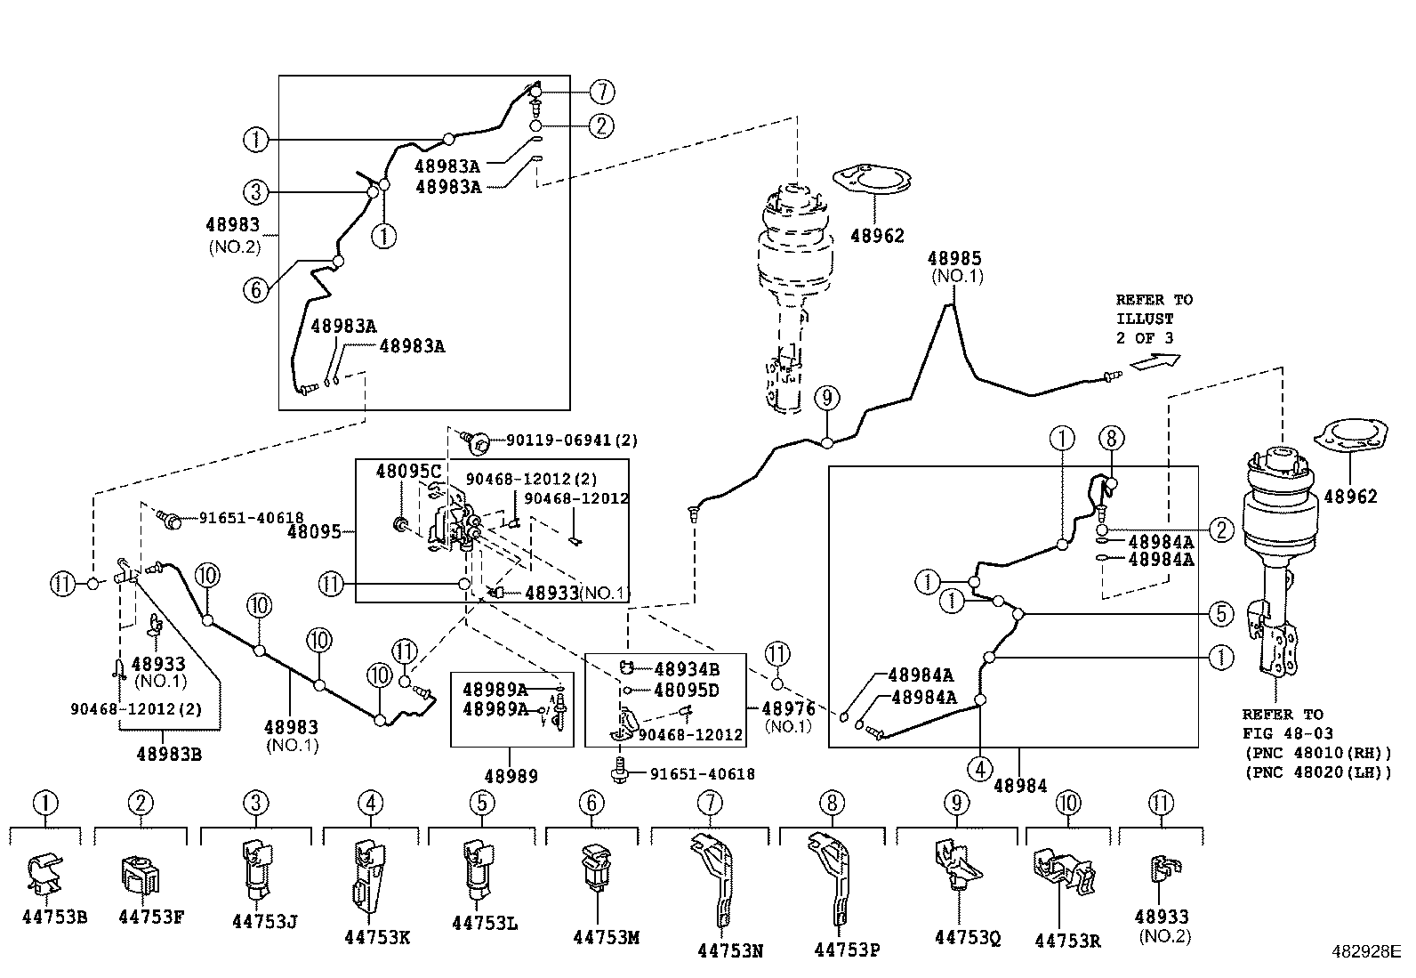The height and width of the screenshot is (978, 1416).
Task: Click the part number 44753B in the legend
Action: pyautogui.click(x=54, y=917)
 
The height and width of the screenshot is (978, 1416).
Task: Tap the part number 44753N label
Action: pyautogui.click(x=730, y=950)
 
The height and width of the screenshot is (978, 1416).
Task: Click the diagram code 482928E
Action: pyautogui.click(x=1365, y=951)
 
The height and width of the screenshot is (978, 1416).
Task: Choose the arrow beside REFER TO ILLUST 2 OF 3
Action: pyautogui.click(x=1155, y=360)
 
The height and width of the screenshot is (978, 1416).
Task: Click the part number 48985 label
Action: pyautogui.click(x=954, y=259)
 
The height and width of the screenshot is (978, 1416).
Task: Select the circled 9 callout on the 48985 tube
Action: pyautogui.click(x=827, y=398)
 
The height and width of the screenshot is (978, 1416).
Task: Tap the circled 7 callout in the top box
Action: pyautogui.click(x=602, y=92)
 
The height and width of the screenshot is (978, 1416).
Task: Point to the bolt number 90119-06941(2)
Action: pyautogui.click(x=572, y=440)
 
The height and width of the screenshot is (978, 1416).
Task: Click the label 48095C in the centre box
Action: pyautogui.click(x=408, y=471)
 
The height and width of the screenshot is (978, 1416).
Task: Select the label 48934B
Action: pyautogui.click(x=687, y=669)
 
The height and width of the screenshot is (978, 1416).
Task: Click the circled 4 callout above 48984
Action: pyautogui.click(x=980, y=768)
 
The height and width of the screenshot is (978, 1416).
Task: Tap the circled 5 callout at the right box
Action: pyautogui.click(x=1221, y=613)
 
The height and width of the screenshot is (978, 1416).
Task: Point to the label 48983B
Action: pyautogui.click(x=169, y=754)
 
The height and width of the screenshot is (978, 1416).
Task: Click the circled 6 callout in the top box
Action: pyautogui.click(x=255, y=289)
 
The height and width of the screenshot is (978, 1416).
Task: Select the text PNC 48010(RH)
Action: pyautogui.click(x=1317, y=754)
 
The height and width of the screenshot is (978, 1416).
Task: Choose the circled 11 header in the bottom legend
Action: pyautogui.click(x=1162, y=804)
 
